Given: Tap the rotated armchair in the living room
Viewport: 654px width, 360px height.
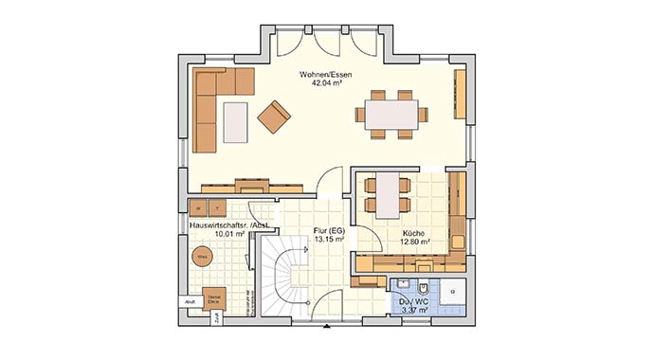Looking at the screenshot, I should (x=273, y=117).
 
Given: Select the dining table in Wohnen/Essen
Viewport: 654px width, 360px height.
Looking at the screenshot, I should (x=391, y=115).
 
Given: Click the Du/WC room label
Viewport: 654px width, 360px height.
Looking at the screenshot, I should (x=413, y=300).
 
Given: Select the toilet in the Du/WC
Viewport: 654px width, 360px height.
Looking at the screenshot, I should (x=423, y=288).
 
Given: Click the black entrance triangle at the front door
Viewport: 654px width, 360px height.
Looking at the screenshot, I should (x=327, y=327).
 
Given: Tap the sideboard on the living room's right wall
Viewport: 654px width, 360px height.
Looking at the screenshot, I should (x=461, y=96).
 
